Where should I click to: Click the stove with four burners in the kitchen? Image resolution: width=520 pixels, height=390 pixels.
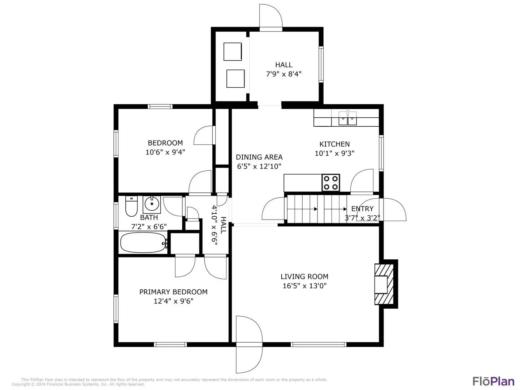coord(331,182)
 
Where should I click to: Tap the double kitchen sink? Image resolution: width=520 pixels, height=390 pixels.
coord(347,118)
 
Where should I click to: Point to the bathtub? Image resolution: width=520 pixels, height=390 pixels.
coord(143,243)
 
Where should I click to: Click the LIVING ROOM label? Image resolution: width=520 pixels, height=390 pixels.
coord(304,277)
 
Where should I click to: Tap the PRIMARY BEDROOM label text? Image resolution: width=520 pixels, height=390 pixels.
coord(173,292)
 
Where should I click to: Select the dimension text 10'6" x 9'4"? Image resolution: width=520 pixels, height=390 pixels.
coord(165,152)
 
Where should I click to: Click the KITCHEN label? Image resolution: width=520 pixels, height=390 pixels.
coord(334,144)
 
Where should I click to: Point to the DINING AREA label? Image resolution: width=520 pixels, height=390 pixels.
coord(259,157)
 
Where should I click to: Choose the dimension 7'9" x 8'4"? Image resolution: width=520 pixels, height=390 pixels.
coord(284,74)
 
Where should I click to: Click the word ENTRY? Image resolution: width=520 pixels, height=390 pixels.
coord(362,209)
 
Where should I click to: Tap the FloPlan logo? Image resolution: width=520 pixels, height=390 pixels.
coord(493,381)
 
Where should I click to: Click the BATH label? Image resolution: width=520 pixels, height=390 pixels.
coord(149,217)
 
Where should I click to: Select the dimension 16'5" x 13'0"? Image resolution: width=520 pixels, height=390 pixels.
coord(304,286)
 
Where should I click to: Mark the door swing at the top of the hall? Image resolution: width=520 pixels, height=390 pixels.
coord(270,16)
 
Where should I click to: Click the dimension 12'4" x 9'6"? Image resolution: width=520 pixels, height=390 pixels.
coord(173,301)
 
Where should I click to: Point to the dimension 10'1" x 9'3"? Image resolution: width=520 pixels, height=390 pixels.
coord(334,153)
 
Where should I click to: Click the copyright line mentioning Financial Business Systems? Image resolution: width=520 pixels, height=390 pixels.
coord(78,384)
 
